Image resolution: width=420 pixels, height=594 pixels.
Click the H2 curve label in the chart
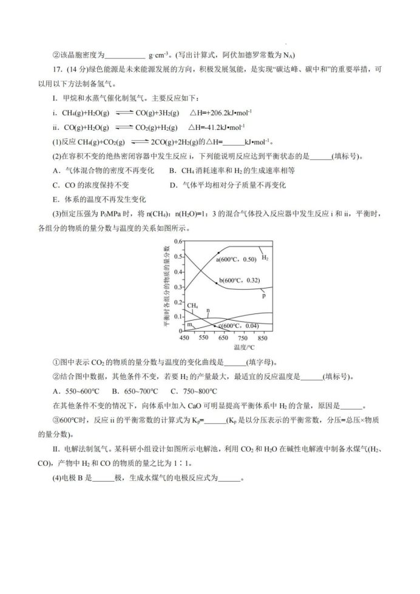coord(265,257)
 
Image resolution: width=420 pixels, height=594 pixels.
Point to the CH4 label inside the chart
coord(193,305)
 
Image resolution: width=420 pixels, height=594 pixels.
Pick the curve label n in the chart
coord(208,310)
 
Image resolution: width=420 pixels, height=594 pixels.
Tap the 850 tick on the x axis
coord(263,338)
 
